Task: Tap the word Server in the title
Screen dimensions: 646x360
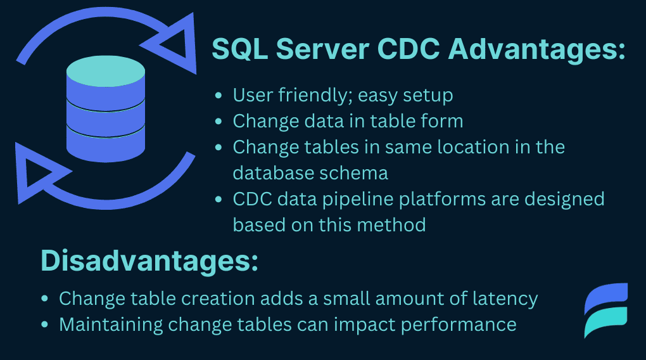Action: tap(322, 49)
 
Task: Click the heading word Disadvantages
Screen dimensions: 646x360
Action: tap(149, 260)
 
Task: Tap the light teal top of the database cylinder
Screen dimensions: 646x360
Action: tap(106, 72)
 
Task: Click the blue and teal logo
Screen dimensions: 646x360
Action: tap(606, 310)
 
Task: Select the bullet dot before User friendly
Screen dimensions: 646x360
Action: tap(218, 96)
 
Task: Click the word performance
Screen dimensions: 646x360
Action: tap(459, 325)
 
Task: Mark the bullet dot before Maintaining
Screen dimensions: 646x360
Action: tap(45, 325)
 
